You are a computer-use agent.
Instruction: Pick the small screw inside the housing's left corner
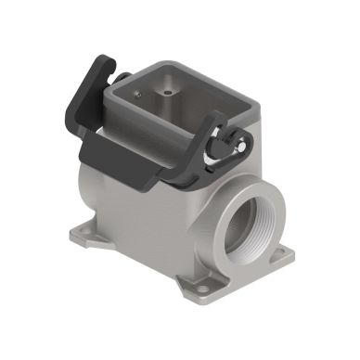139,94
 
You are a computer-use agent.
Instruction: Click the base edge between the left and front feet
130,261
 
